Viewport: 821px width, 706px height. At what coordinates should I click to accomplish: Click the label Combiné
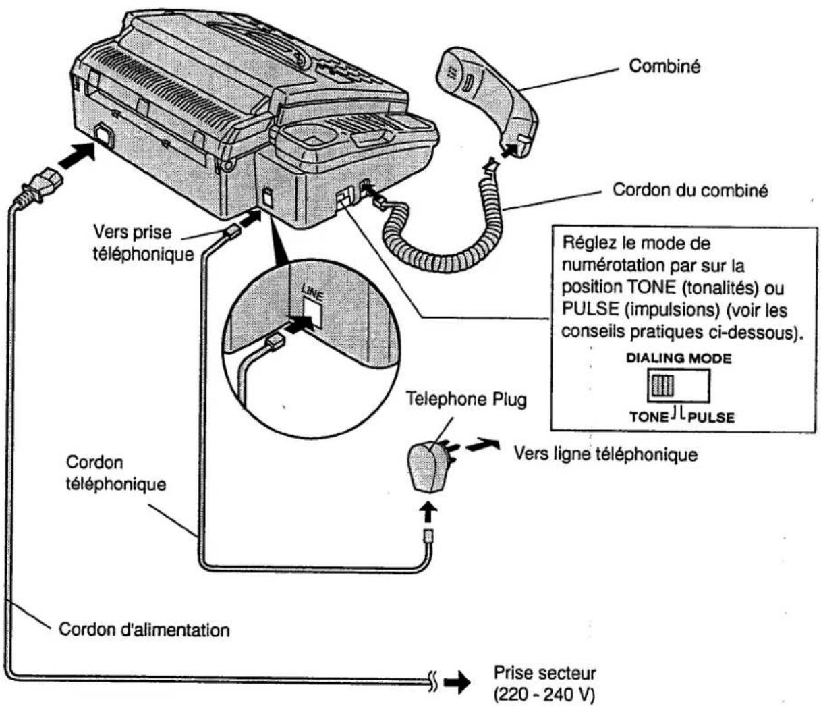tap(664, 66)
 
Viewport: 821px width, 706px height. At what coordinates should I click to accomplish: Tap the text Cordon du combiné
tap(689, 190)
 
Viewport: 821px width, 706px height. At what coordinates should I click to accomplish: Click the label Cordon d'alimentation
tap(144, 630)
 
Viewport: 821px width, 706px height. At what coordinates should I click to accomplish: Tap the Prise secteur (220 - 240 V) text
tap(544, 683)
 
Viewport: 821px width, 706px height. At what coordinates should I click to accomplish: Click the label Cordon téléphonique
tap(115, 473)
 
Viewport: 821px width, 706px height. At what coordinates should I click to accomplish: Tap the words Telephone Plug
tap(465, 399)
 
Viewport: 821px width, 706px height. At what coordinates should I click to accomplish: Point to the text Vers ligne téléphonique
tap(605, 454)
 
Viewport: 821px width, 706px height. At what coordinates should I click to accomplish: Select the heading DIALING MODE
tap(678, 358)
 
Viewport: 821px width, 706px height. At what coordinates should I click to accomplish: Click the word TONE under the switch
tap(648, 416)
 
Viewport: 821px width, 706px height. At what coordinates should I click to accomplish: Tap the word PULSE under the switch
tap(711, 417)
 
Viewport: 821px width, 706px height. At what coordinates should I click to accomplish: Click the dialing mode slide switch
tap(678, 386)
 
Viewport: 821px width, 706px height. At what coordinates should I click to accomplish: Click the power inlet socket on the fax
tap(103, 134)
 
